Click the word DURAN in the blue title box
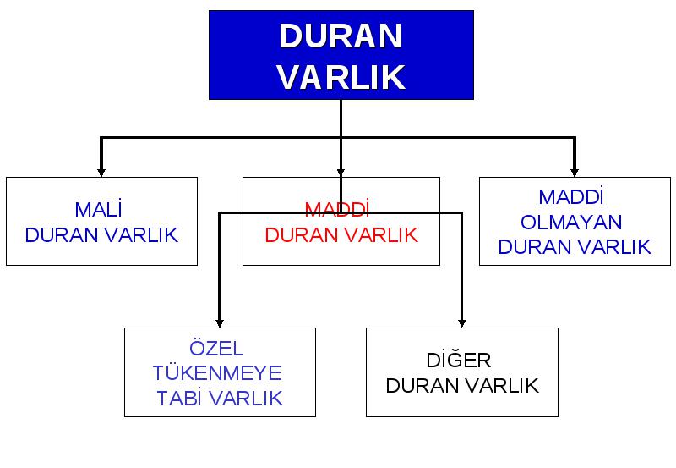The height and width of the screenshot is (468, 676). click(x=341, y=36)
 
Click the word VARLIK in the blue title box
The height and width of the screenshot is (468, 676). click(x=341, y=77)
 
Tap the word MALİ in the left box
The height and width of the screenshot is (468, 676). click(x=98, y=209)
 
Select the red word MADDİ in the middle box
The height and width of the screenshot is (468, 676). click(x=337, y=209)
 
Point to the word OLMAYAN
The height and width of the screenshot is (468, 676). click(x=571, y=223)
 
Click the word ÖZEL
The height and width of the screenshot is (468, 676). click(x=216, y=348)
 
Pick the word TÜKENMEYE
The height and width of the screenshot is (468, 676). click(x=217, y=373)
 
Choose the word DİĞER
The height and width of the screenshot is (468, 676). click(x=459, y=360)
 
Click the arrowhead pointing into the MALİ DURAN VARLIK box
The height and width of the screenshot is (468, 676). click(x=101, y=173)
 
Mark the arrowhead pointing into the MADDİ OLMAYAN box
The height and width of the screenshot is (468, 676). click(x=575, y=173)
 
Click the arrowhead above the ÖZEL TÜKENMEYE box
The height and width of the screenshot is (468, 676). click(x=220, y=323)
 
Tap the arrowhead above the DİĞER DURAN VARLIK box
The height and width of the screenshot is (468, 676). click(x=461, y=323)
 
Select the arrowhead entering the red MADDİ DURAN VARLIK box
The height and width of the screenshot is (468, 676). click(x=341, y=173)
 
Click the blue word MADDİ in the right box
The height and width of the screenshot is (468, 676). click(x=571, y=197)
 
